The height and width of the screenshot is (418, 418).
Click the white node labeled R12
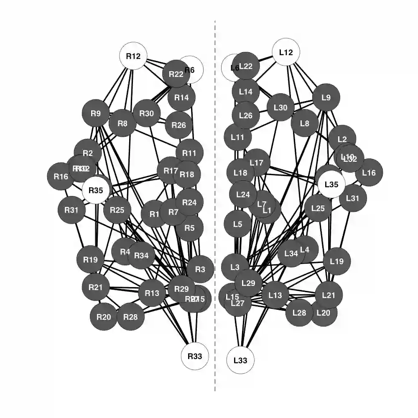133,56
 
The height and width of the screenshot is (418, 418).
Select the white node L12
286,52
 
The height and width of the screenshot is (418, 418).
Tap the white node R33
195,356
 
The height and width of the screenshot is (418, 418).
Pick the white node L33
240,360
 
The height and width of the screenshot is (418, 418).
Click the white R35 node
96,191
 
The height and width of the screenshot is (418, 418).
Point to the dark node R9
96,113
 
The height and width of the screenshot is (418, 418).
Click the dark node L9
326,98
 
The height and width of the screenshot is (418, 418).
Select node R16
61,176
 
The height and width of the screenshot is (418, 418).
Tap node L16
369,172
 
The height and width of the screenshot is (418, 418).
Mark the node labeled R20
104,317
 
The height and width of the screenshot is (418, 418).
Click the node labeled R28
131,317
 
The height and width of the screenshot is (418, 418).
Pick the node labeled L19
336,262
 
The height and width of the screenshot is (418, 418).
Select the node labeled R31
71,210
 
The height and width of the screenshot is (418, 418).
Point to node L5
237,224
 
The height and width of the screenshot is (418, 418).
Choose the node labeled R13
152,293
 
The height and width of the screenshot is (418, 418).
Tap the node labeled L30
281,107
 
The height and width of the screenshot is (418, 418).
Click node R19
90,260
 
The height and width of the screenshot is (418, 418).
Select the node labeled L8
305,123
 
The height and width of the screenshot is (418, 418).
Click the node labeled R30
147,113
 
